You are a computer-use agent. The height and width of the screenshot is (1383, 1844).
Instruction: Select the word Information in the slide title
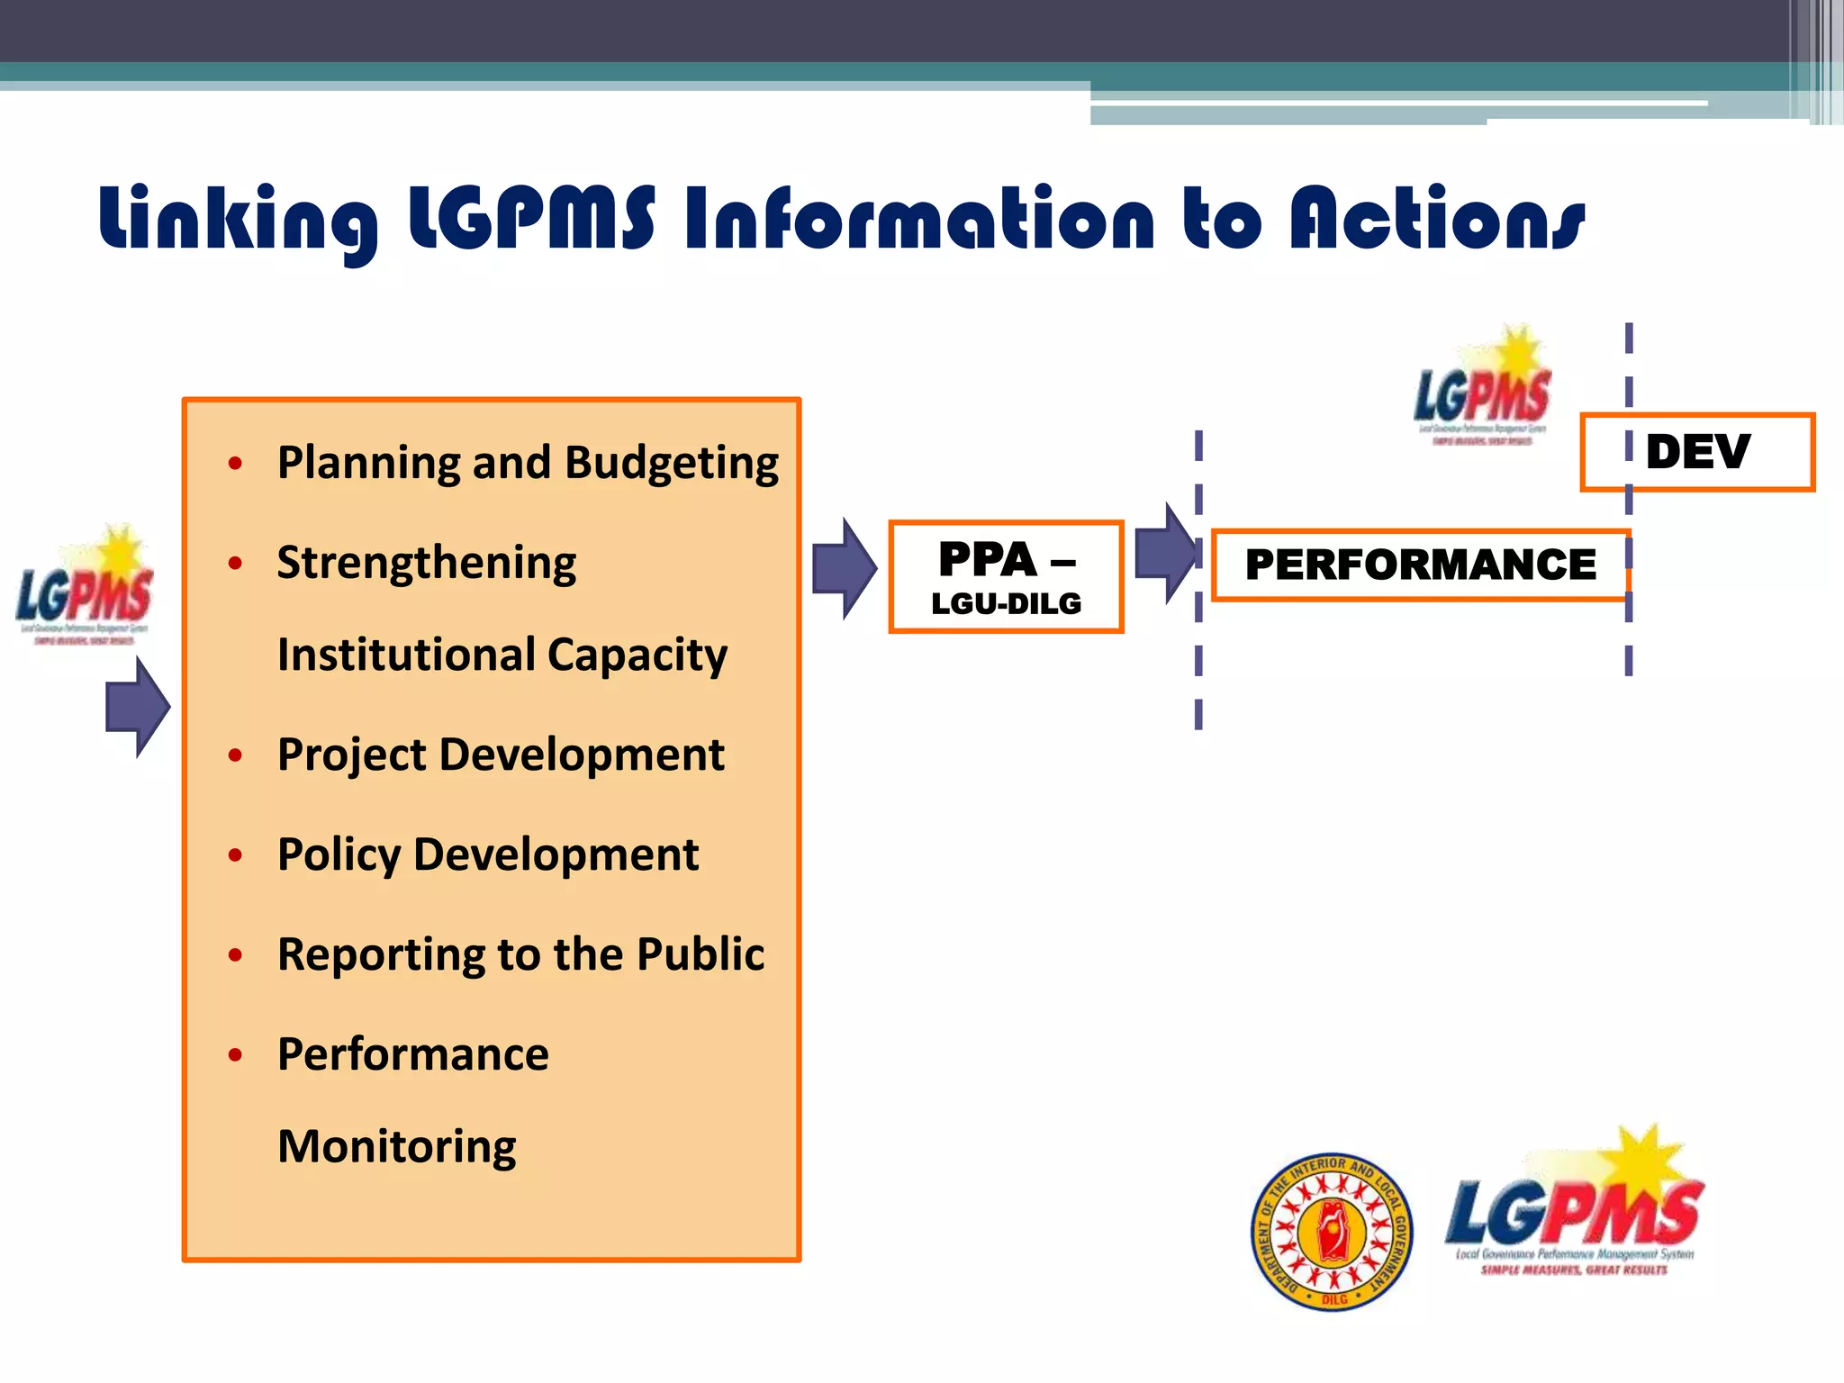coord(918,219)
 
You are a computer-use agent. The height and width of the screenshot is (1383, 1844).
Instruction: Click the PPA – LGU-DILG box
coord(1006,577)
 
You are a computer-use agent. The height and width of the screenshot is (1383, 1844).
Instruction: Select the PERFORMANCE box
coord(1420,565)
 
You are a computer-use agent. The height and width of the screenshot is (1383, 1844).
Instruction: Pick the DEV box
coord(1697,452)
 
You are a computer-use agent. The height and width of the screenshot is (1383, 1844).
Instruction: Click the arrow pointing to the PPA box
coord(844,569)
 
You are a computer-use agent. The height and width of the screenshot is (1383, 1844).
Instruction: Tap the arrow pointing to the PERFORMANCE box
coord(1165,553)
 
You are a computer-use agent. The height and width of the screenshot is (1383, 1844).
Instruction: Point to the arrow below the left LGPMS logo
coord(137,707)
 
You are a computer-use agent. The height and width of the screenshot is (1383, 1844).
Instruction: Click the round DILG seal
coord(1332,1232)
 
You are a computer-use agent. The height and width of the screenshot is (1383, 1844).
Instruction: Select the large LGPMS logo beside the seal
coord(1574,1207)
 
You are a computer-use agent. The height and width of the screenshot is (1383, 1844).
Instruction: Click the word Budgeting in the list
coord(672,464)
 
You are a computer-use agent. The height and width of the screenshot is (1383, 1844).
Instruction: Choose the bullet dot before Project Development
coord(236,755)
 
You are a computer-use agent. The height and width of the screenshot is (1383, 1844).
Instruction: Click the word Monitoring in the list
coord(397,1147)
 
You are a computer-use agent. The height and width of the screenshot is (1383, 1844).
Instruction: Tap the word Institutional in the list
coord(406,655)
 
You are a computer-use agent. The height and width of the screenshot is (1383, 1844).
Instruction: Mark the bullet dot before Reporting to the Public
coord(236,954)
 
